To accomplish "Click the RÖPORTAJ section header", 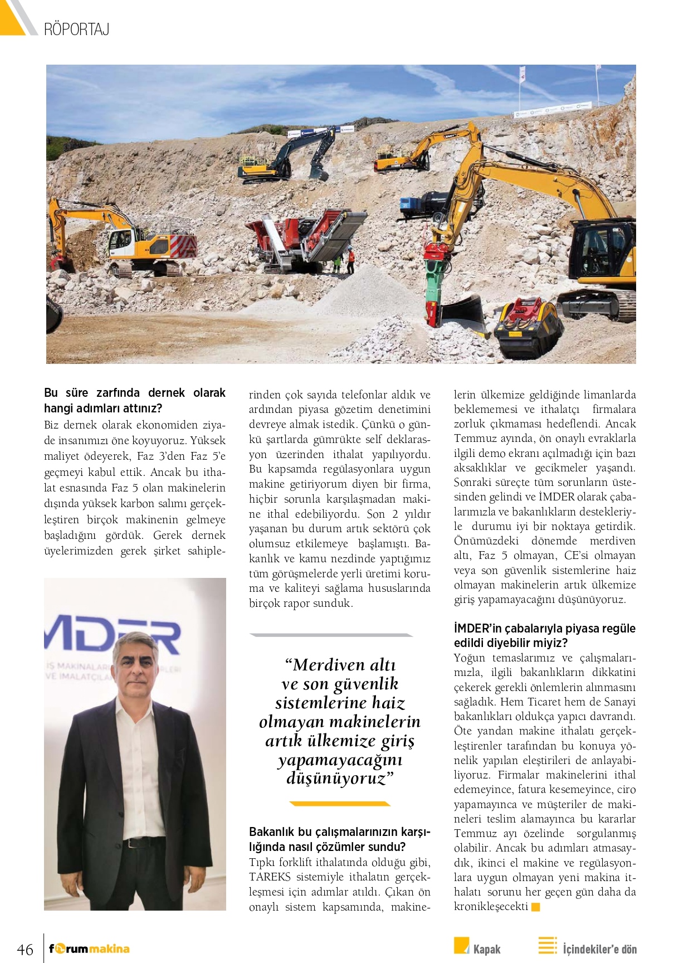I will click(76, 29).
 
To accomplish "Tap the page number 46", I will click(25, 949).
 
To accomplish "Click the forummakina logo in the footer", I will click(89, 949).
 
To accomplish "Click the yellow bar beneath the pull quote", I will click(340, 804).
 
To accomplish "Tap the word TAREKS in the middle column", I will click(270, 877).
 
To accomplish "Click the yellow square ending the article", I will click(536, 907).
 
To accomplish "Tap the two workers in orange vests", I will click(344, 260).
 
